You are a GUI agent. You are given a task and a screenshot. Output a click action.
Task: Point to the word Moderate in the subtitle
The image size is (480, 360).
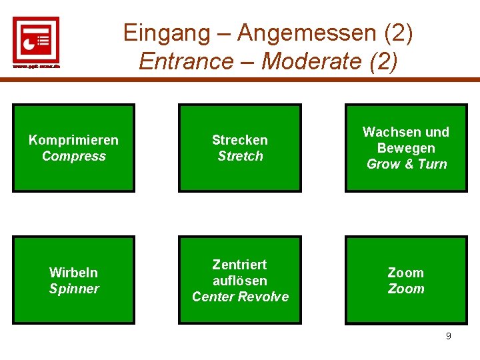[x=311, y=61]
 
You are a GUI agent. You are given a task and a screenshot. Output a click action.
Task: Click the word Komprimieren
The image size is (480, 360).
[x=73, y=140]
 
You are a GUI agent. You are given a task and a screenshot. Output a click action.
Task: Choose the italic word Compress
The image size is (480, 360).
[x=73, y=156]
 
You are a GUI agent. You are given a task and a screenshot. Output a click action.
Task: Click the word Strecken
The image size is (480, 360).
[x=240, y=140]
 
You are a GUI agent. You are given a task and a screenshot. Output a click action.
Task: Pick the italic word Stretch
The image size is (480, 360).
[x=240, y=156]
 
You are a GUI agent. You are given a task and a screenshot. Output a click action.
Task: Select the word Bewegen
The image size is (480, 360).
[x=405, y=148]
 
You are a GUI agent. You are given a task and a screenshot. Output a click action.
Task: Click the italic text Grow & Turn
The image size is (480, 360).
[x=406, y=164]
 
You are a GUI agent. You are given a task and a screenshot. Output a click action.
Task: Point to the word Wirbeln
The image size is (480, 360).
[x=73, y=273]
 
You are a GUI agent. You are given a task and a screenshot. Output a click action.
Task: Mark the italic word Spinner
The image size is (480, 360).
[x=73, y=289]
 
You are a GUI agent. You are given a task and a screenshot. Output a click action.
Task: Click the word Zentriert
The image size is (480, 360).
[x=240, y=265]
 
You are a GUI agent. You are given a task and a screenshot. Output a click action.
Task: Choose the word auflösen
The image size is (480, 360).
[x=240, y=281]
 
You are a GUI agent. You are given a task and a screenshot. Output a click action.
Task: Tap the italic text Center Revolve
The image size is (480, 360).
[x=240, y=297]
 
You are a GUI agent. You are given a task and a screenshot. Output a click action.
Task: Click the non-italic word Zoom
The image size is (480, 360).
[x=405, y=273]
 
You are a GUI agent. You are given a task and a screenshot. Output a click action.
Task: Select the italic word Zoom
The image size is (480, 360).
[x=405, y=289]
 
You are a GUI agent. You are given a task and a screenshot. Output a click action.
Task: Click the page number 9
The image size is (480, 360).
[x=448, y=336]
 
